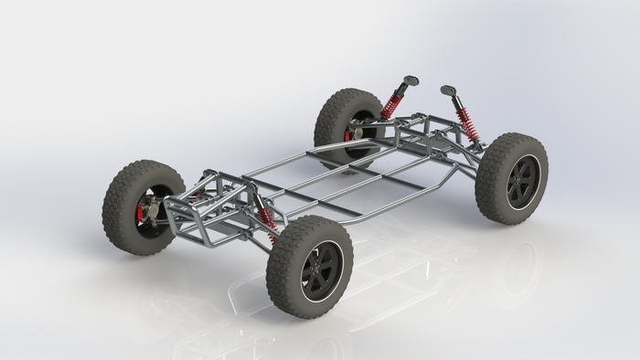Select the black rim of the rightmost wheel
click(523, 180)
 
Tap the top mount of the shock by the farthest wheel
click(411, 81)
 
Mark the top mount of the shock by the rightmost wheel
click(448, 90)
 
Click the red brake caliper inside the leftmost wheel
click(140, 214)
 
